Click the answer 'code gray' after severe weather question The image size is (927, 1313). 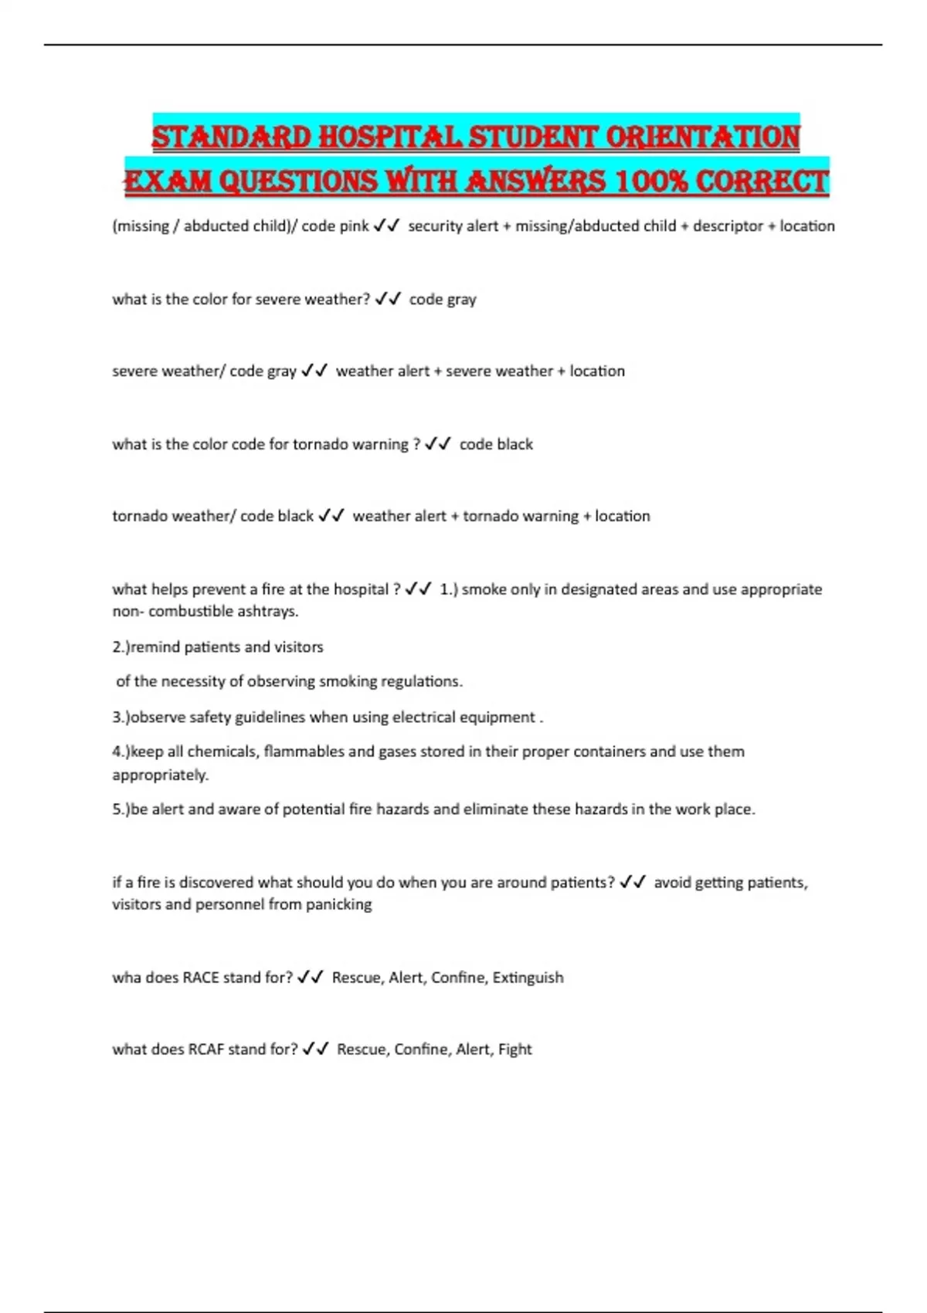[x=443, y=300]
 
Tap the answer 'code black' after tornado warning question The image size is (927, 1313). [x=496, y=445]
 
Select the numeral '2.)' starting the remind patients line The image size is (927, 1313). [x=121, y=647]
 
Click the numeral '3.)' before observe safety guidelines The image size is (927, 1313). [x=121, y=718]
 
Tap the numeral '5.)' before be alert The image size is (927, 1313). [x=121, y=809]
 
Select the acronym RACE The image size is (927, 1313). [x=200, y=978]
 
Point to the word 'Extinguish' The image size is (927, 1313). [x=528, y=978]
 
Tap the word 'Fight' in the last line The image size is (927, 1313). [x=514, y=1050]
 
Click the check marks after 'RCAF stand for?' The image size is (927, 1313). [x=316, y=1049]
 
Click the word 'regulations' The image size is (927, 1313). [x=423, y=681]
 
